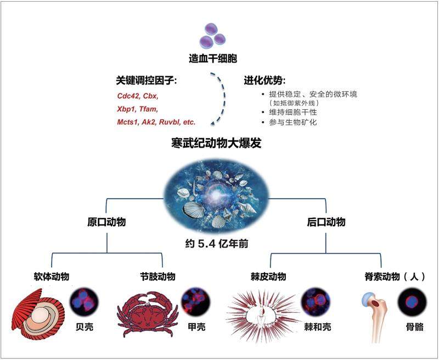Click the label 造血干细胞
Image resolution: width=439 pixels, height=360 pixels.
213,58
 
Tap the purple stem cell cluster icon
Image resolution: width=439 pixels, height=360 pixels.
212,34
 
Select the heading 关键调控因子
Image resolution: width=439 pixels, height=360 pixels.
141,82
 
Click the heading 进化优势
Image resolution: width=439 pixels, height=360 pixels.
265,81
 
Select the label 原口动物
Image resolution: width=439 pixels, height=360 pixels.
107,222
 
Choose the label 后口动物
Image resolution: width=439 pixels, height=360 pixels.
326,222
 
